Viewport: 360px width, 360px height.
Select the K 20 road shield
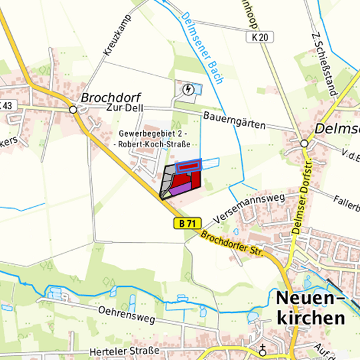click(261, 39)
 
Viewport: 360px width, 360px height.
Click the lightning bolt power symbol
click(189, 89)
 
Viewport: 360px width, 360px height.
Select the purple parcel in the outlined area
click(179, 189)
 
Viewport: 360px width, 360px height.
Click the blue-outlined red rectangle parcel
click(188, 166)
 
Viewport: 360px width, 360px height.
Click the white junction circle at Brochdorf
click(73, 109)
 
